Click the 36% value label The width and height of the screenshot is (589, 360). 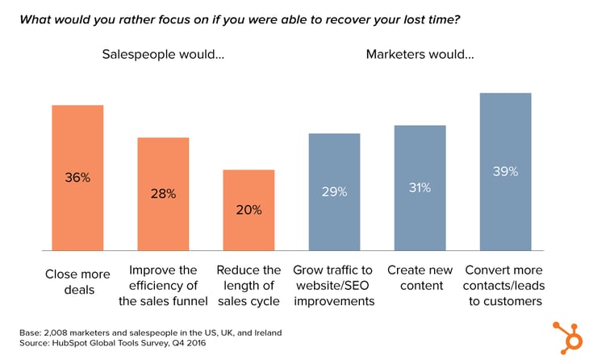(x=77, y=178)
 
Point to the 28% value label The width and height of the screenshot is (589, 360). (x=163, y=194)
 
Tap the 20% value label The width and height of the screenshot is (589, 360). (x=249, y=210)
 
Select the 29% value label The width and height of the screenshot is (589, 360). (x=334, y=192)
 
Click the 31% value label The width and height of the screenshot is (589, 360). (x=420, y=187)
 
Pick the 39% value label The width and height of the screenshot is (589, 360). (x=505, y=171)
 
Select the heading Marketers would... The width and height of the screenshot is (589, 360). (x=420, y=55)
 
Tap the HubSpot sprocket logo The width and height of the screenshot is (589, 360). (x=567, y=337)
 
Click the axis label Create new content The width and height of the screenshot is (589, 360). (x=420, y=278)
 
